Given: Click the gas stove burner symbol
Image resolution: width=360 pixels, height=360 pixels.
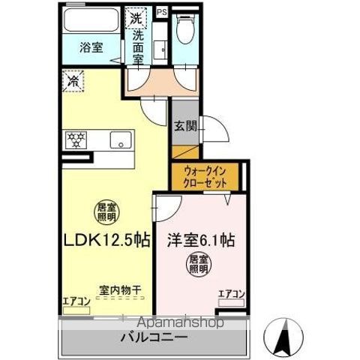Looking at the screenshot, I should [x=76, y=140].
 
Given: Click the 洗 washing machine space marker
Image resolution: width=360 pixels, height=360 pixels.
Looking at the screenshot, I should [x=136, y=16].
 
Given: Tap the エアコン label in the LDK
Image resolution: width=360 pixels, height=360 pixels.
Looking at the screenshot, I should [x=76, y=301].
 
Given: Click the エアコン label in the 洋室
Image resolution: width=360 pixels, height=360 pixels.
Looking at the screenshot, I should [x=230, y=294].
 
